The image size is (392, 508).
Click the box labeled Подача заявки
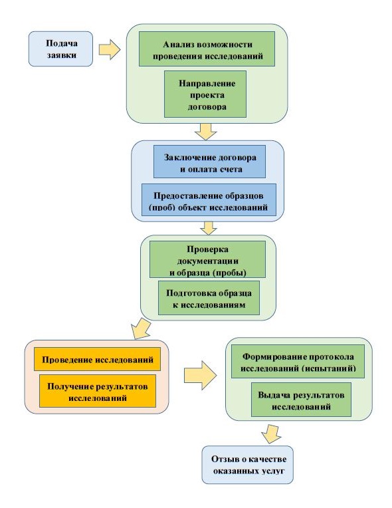60,49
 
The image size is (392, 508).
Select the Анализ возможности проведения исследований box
207,49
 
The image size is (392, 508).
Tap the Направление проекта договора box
205,94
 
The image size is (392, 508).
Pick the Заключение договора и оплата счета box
209,162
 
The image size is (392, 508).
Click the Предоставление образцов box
209,200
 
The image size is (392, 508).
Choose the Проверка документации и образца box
207,259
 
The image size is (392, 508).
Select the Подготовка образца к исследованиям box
209,298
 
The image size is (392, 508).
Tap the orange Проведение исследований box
98,359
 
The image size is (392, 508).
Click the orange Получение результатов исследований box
98,391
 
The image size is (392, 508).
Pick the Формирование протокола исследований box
298,362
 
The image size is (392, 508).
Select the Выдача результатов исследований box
301,400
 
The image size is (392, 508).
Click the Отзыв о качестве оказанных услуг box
248,465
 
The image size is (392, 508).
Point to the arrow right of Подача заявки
110,50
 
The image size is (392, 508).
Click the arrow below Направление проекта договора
205,132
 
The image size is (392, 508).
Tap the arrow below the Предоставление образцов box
209,228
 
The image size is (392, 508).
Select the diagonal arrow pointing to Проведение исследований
141,328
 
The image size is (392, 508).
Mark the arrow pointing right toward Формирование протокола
201,375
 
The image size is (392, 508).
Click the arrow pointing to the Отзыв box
270,434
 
